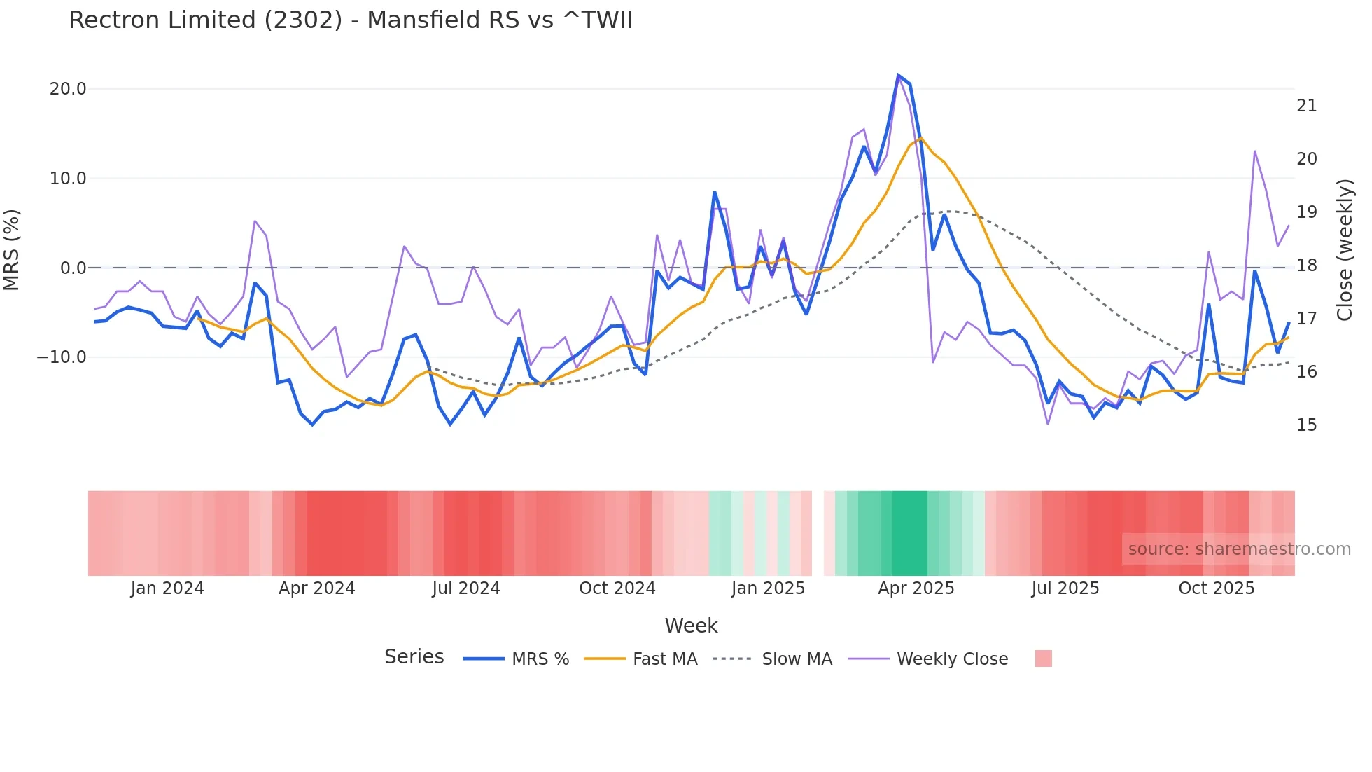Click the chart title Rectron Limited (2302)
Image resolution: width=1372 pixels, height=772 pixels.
(x=350, y=20)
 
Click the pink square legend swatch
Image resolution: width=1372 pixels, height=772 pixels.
(x=1043, y=659)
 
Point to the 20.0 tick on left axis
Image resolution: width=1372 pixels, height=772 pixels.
(x=68, y=89)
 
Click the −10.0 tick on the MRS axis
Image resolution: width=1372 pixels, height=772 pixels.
(x=62, y=357)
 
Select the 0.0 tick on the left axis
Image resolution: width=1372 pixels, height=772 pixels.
(x=73, y=268)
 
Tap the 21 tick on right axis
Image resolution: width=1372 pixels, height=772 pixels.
(x=1306, y=106)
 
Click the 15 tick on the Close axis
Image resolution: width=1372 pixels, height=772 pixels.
(x=1306, y=425)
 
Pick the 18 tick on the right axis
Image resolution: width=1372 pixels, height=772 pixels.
(x=1306, y=266)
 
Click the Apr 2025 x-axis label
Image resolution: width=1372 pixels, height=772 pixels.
(x=916, y=588)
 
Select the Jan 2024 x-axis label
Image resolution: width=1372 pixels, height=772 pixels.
(x=167, y=588)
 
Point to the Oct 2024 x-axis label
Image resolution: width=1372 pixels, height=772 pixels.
(x=617, y=588)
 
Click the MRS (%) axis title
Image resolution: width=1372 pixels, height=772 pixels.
(x=12, y=250)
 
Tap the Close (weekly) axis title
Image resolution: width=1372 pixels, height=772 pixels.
(x=1344, y=250)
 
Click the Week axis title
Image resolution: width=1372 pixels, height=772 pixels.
(x=691, y=626)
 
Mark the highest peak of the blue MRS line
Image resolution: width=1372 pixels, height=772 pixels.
(x=898, y=75)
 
